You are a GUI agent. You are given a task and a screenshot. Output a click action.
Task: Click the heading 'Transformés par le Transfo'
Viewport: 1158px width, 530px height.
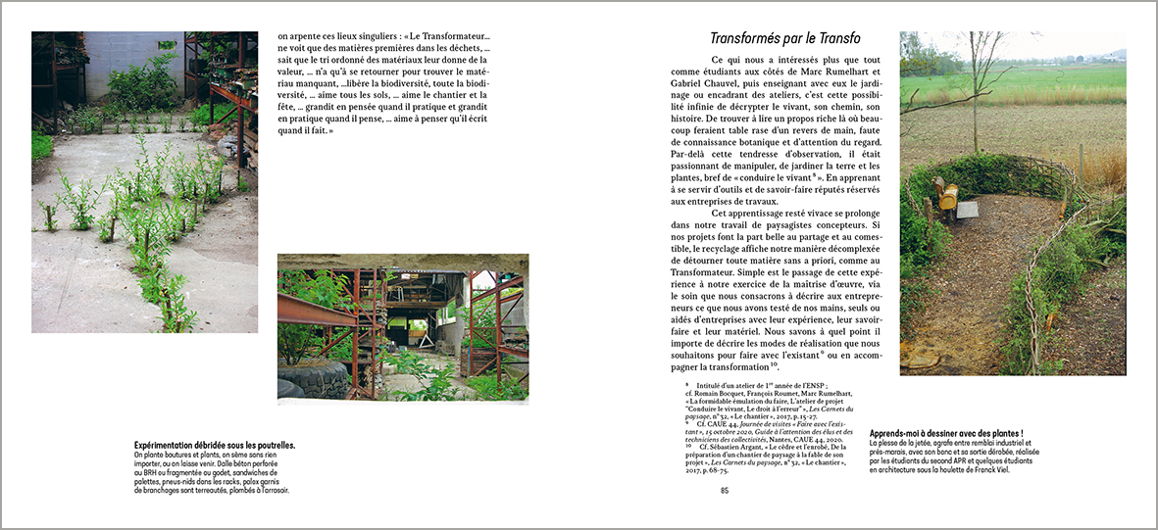(x=784, y=39)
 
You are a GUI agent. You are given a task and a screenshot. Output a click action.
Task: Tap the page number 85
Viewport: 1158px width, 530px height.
(x=725, y=491)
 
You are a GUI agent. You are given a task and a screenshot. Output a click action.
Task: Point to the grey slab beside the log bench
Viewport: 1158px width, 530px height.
(x=966, y=209)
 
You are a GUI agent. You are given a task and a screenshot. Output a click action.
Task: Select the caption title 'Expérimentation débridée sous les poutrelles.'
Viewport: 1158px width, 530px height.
(x=214, y=446)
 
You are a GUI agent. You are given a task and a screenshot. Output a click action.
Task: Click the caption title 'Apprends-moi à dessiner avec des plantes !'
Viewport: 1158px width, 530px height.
(x=946, y=433)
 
